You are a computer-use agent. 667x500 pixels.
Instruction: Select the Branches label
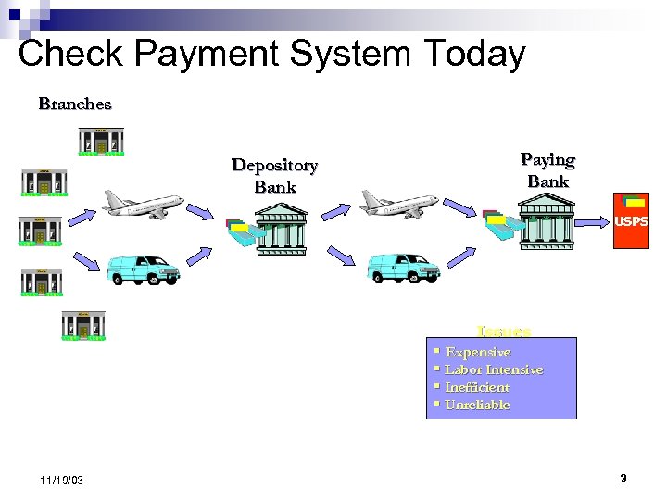tap(75, 104)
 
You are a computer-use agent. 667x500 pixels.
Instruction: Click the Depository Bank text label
tap(274, 176)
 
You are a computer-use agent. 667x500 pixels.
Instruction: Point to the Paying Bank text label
tap(547, 170)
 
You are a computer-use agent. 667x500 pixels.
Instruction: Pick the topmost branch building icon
tap(101, 141)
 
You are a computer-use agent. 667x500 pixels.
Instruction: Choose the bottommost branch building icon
tap(83, 326)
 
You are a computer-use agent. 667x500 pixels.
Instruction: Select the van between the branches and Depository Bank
tap(142, 269)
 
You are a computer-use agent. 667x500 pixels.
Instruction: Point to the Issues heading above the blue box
tap(503, 331)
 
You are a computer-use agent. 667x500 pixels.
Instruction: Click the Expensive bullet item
tap(477, 352)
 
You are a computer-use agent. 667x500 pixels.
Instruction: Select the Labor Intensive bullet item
tap(494, 369)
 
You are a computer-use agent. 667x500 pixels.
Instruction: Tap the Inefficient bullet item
tap(477, 387)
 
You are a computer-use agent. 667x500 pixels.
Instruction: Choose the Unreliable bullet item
tap(477, 405)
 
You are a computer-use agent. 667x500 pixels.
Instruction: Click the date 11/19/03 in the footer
tap(63, 481)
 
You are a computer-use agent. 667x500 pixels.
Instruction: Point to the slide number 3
tap(623, 479)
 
